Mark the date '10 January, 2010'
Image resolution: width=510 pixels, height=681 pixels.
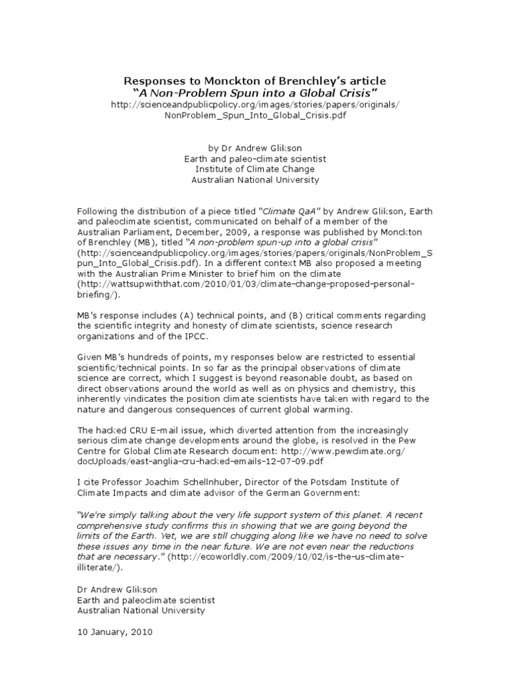[115, 632]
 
